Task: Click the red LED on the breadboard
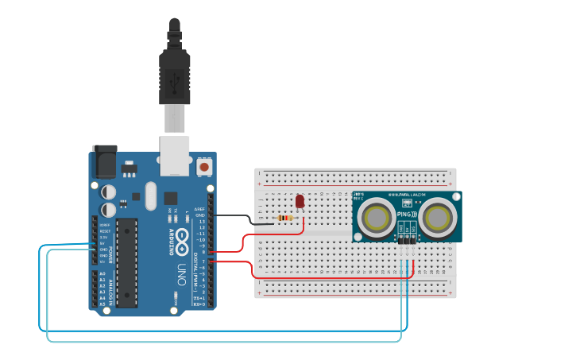point(300,203)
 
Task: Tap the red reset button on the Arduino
point(204,167)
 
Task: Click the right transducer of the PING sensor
point(436,217)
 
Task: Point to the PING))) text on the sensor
point(406,214)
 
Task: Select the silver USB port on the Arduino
point(174,154)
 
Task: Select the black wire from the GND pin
point(238,216)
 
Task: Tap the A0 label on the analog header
point(102,273)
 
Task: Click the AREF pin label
point(200,209)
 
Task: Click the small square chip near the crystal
point(171,198)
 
